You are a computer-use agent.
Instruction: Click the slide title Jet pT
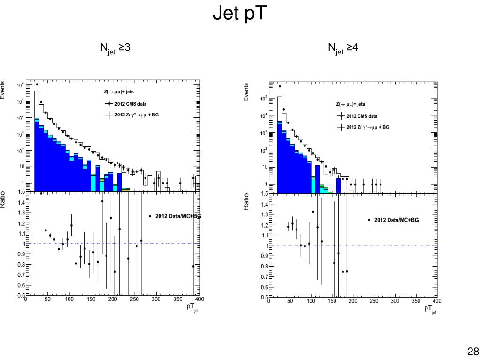(240, 14)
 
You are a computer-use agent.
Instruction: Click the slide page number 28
(472, 352)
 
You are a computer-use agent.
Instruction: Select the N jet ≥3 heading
(115, 48)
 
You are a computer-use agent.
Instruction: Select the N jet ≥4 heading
(343, 48)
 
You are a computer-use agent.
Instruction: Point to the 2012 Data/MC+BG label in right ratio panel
(396, 220)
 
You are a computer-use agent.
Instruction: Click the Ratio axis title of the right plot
(246, 201)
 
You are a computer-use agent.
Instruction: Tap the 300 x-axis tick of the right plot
(395, 301)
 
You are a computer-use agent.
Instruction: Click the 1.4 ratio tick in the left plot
(20, 202)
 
